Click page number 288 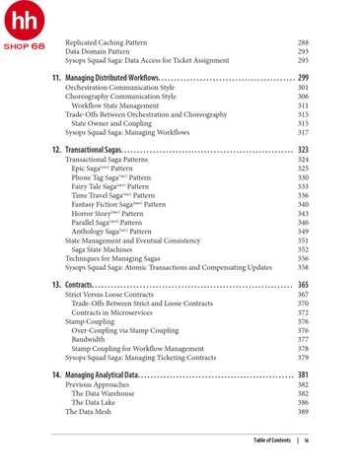pyautogui.click(x=303, y=43)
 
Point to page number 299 pyautogui.click(x=303, y=77)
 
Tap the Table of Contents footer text pyautogui.click(x=271, y=439)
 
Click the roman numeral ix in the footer pyautogui.click(x=307, y=439)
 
